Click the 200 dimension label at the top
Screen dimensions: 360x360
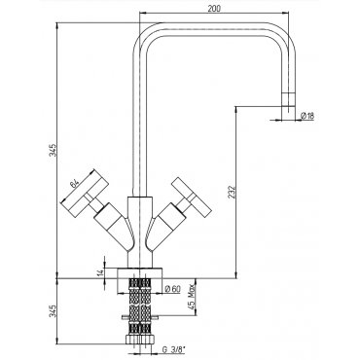[214, 9]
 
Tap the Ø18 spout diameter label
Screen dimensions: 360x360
[307, 116]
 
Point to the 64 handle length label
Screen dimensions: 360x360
[75, 184]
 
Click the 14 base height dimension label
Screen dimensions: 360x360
[100, 271]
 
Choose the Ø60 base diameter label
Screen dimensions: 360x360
[172, 288]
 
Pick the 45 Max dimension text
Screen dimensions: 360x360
[192, 296]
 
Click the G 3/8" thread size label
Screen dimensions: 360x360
[174, 349]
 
